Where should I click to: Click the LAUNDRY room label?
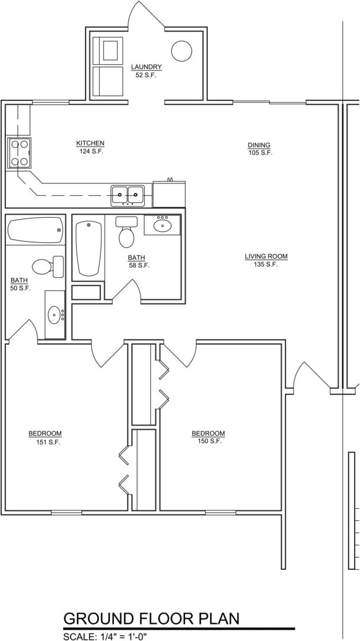146,67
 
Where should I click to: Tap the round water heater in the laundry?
181,51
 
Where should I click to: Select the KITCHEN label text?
90,143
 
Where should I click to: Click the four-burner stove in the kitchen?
18,153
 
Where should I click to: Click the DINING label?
259,145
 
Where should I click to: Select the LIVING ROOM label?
266,256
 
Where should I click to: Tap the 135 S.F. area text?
266,265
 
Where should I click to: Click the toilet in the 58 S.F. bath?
126,233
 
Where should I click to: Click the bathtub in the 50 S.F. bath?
35,230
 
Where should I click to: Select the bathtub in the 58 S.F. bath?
89,248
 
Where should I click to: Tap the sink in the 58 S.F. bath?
163,226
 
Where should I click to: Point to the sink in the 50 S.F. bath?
55,314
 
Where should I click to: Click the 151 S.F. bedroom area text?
45,442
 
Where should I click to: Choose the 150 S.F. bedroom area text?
208,441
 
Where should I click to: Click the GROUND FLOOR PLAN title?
151,618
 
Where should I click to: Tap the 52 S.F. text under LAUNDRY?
146,75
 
